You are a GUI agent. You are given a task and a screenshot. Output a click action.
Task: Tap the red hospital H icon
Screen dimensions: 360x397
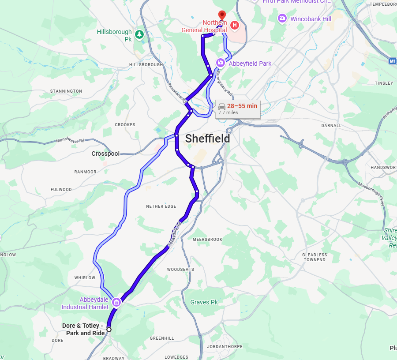pos(235,25)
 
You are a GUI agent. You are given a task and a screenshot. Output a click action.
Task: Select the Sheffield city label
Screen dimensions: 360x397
pos(207,139)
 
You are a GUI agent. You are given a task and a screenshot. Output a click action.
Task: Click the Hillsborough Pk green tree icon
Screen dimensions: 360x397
pos(139,34)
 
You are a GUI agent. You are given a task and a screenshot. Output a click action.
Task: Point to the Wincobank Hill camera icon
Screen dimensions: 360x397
pos(282,19)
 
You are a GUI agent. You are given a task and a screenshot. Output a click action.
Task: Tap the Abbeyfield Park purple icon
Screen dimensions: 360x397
pos(220,63)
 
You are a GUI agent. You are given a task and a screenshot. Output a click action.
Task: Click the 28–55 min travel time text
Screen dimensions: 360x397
pos(242,106)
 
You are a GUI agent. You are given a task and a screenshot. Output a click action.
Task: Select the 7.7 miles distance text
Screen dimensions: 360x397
pos(228,113)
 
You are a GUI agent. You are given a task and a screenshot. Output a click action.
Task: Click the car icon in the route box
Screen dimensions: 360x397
pos(222,106)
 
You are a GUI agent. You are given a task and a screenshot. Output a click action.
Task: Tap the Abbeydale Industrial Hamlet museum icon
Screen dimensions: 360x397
pos(116,302)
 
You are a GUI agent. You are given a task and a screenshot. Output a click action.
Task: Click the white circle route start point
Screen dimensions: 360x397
pos(109,329)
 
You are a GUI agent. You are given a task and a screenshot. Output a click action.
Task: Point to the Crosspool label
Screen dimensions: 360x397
pos(105,154)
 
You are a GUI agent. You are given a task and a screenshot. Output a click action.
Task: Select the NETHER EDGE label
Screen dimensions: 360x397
pos(161,206)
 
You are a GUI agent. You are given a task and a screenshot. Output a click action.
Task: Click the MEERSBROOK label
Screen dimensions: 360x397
pos(207,239)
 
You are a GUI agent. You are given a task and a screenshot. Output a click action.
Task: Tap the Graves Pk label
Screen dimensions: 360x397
pos(204,302)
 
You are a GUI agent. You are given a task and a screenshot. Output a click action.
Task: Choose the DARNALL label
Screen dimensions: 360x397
pos(331,125)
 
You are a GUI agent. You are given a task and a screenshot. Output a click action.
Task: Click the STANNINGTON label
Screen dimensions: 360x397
pos(66,91)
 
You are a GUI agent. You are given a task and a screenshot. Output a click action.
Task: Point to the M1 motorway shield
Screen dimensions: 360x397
pos(393,61)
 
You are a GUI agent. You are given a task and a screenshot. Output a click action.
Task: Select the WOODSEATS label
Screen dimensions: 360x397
pos(180,269)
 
